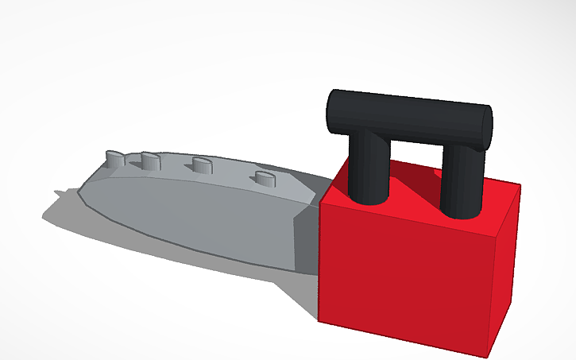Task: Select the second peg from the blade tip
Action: (149, 161)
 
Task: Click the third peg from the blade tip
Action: (201, 165)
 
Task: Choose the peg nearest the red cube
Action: (261, 176)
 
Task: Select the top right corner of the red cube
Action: (520, 184)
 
